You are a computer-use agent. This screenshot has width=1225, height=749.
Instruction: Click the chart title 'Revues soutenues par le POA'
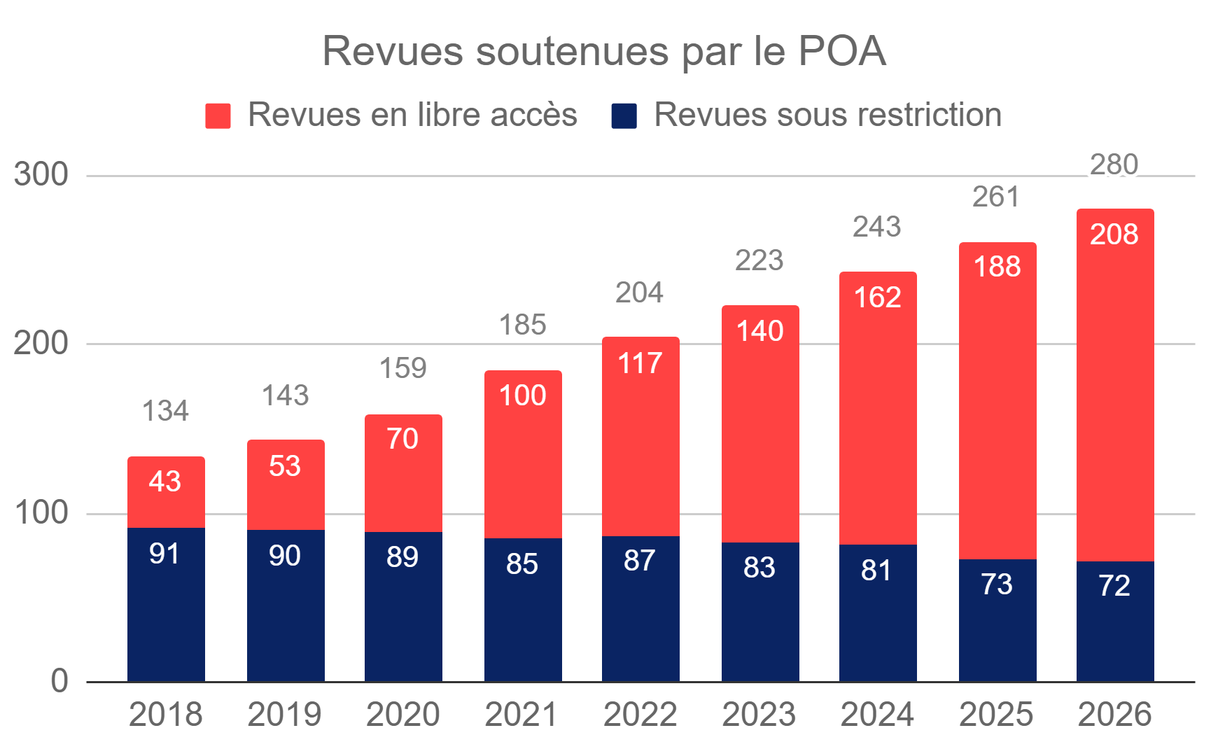pos(604,51)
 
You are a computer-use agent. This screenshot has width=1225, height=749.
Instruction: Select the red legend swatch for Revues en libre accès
pos(218,115)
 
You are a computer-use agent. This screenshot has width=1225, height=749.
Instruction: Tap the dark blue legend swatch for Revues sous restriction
pos(624,115)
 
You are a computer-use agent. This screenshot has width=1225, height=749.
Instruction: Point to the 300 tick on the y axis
pos(41,174)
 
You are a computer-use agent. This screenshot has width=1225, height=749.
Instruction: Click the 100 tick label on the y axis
pos(41,513)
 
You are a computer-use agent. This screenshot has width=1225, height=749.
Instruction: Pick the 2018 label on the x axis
pos(166,715)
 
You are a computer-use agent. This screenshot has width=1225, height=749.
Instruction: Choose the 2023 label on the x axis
pos(759,715)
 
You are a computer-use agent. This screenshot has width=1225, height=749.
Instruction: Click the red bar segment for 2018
pos(166,492)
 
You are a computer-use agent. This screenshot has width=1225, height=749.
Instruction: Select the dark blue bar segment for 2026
pos(1115,622)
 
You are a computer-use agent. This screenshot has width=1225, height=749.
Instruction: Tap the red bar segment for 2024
pos(878,408)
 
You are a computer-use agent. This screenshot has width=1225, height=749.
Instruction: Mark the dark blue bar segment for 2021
pos(523,610)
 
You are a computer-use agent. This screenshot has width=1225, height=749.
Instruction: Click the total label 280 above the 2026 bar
pos(1114,165)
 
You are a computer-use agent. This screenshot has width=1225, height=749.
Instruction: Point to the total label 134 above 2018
pos(165,411)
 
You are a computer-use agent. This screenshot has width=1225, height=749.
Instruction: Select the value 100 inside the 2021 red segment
pos(522,395)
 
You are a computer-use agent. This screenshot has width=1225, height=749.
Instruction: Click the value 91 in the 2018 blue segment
pos(164,554)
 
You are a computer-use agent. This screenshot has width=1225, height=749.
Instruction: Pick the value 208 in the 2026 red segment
pos(1114,234)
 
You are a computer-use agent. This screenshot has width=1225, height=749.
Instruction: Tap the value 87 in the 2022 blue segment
pos(640,561)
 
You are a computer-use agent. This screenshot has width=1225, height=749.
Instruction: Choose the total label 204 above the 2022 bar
pos(640,293)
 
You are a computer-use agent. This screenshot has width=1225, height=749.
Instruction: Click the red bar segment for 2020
pos(403,473)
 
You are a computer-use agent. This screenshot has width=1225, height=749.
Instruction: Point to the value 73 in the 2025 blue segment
pos(997,584)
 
